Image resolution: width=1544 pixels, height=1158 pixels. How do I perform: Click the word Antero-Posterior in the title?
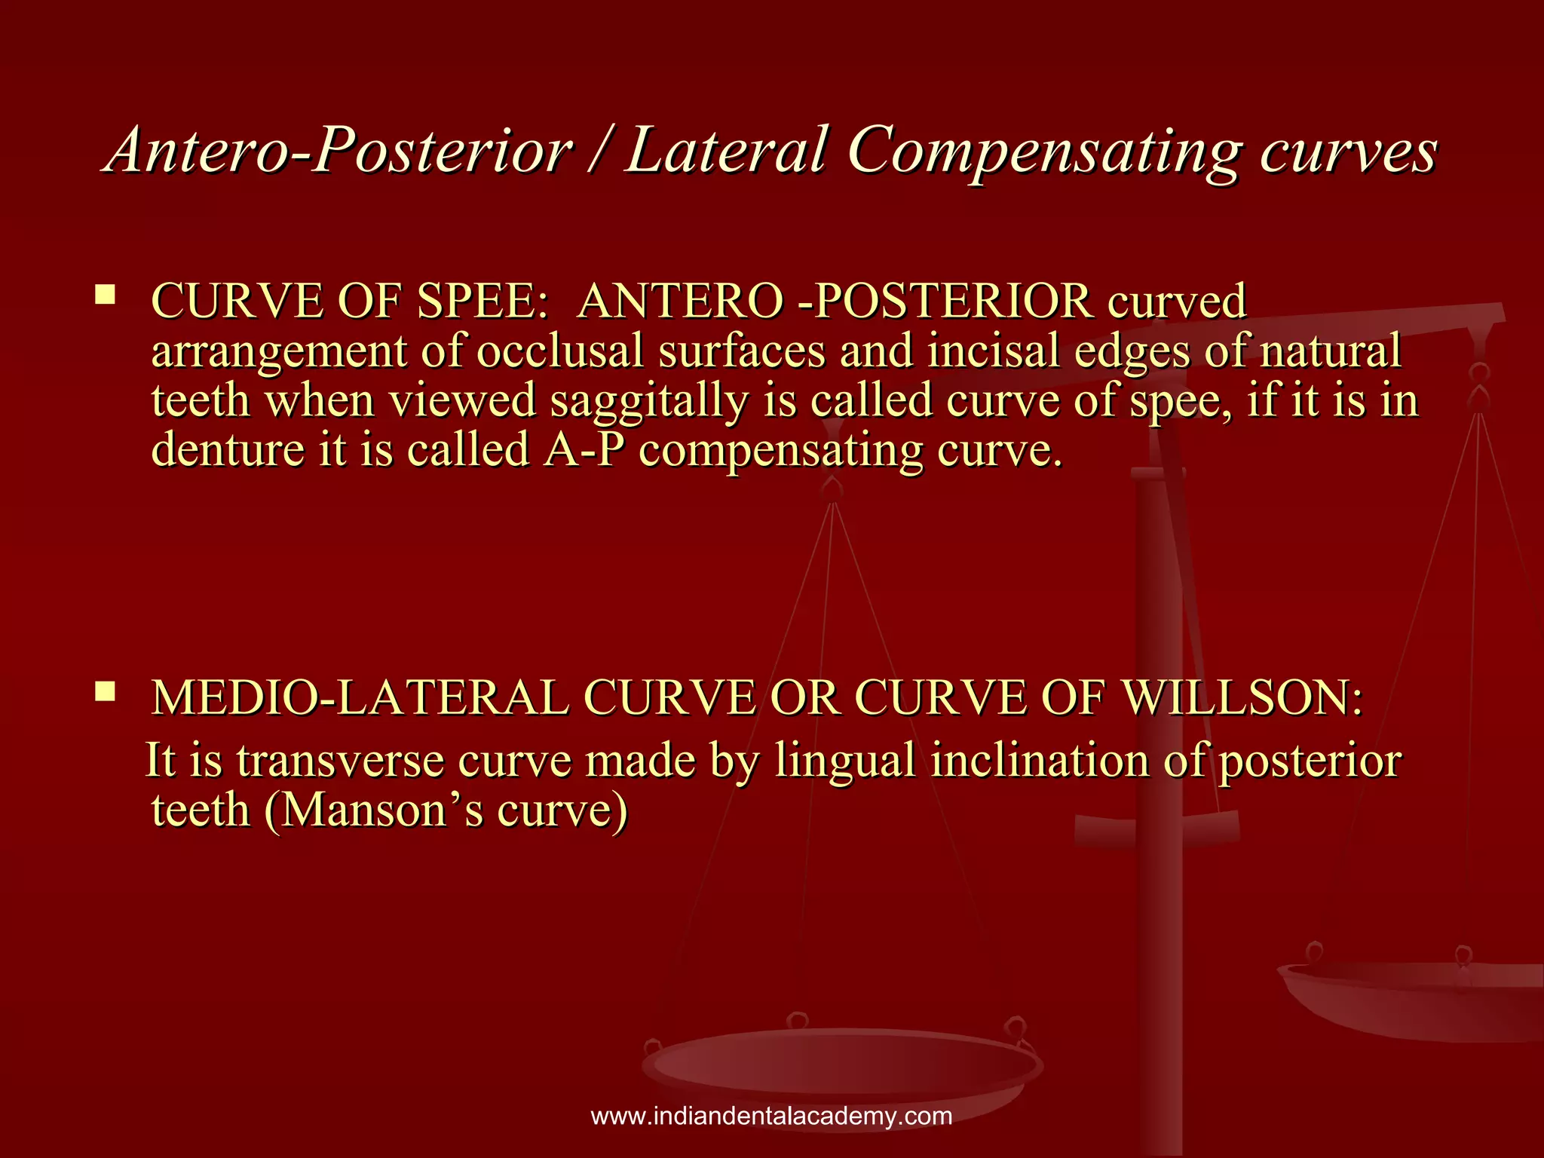[x=339, y=150]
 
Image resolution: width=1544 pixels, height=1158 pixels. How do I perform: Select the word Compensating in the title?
[x=1043, y=150]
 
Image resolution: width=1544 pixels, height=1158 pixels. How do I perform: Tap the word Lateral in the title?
[x=727, y=150]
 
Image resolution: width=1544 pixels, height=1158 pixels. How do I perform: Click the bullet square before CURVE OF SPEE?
[x=105, y=293]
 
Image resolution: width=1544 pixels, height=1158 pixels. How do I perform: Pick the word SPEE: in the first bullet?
[x=482, y=301]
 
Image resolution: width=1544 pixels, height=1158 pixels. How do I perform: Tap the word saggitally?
[x=648, y=400]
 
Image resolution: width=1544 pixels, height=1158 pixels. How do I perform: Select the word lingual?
[x=845, y=760]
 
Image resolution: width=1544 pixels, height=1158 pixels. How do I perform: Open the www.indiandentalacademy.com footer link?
[x=771, y=1116]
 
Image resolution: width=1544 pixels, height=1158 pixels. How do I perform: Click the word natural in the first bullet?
[x=1331, y=351]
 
